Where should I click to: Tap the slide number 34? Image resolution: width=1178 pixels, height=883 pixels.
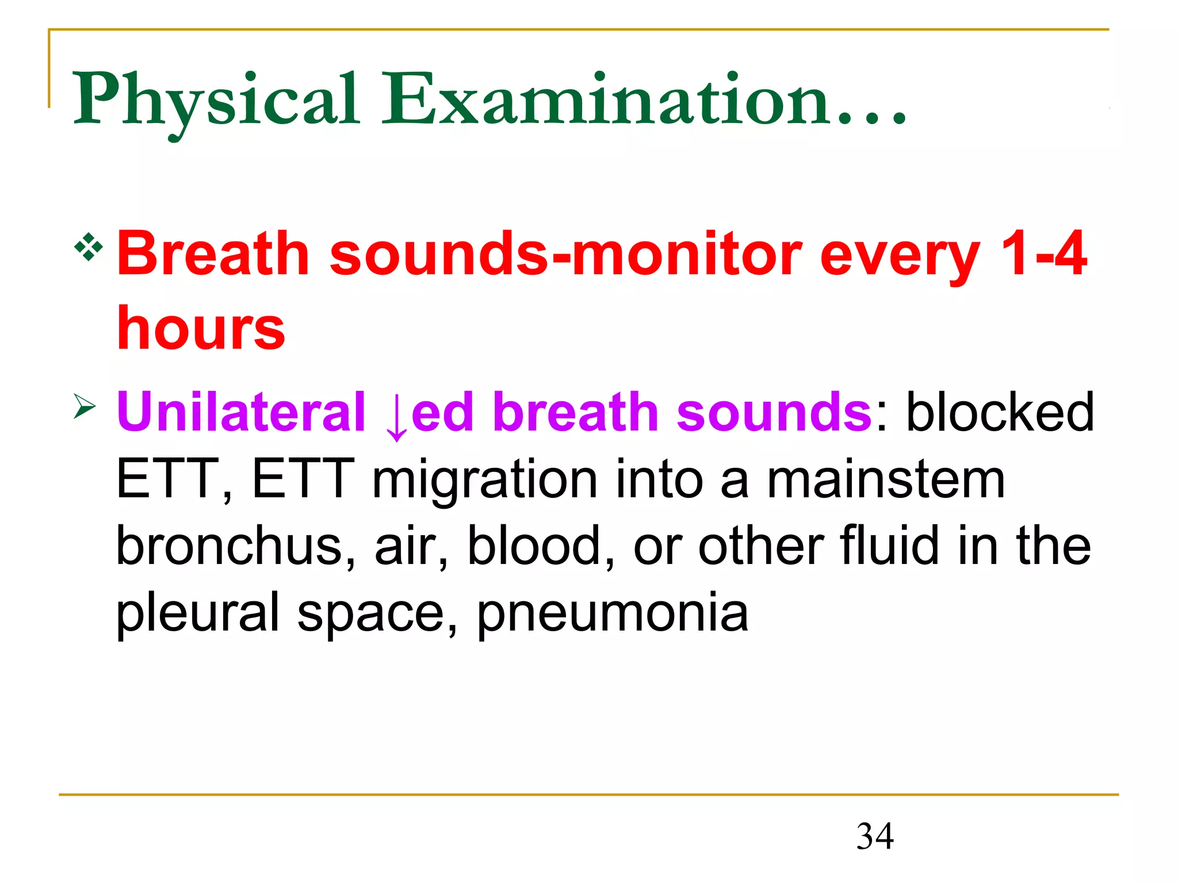pyautogui.click(x=875, y=836)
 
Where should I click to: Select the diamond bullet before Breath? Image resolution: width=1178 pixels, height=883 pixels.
pyautogui.click(x=89, y=248)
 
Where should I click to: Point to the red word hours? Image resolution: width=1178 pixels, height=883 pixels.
pyautogui.click(x=201, y=329)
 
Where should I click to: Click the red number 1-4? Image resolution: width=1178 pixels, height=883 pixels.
pyautogui.click(x=1043, y=253)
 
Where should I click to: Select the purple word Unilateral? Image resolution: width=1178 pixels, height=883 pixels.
pyautogui.click(x=241, y=412)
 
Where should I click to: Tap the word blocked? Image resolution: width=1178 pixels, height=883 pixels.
pyautogui.click(x=1000, y=412)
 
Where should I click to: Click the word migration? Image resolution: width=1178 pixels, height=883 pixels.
pyautogui.click(x=485, y=481)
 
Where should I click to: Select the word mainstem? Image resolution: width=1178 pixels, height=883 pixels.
pyautogui.click(x=886, y=479)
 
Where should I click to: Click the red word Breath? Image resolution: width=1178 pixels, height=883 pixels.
pyautogui.click(x=213, y=253)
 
